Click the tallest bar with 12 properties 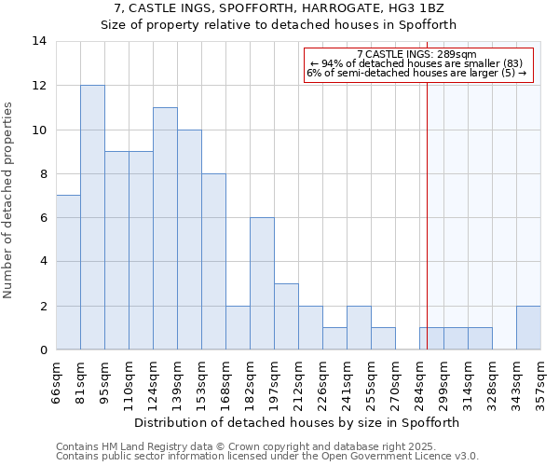coord(92,217)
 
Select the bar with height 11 coord(165,228)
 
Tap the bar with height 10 coord(189,240)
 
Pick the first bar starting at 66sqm coord(68,272)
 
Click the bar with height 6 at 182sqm coord(262,283)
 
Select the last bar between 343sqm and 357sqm coord(528,327)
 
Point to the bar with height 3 coord(286,317)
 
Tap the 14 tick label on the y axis coord(39,41)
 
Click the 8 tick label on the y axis coord(43,173)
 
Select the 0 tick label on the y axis coord(43,350)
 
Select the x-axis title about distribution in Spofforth coord(298,422)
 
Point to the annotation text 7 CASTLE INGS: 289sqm coord(416,54)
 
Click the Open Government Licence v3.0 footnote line coord(267,457)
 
